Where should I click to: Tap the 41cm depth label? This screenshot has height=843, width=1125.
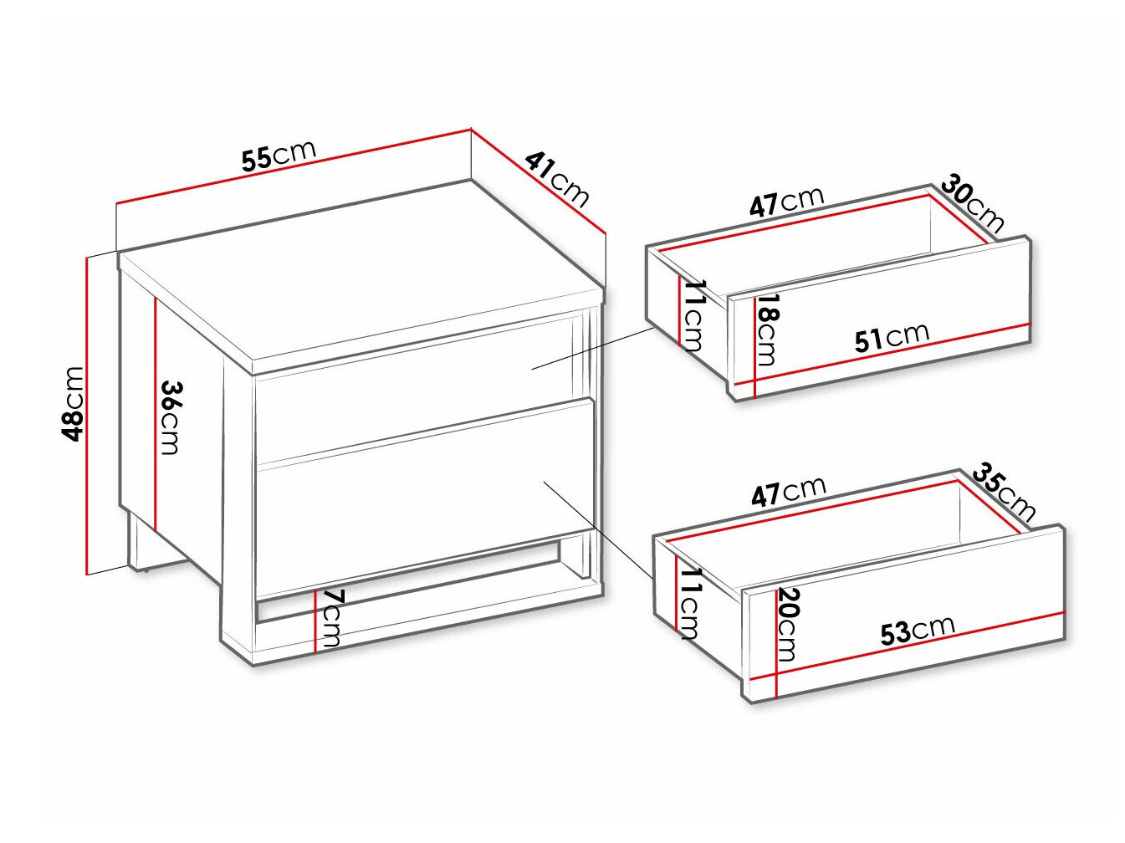coord(557,179)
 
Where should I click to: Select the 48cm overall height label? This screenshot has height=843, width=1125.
coord(72,404)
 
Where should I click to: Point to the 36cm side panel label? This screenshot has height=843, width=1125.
coord(170,417)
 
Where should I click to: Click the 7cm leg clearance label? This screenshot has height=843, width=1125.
coord(332,618)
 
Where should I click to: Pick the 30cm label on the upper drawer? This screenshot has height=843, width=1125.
coord(973,204)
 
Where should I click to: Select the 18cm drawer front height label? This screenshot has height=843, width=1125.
coord(766,330)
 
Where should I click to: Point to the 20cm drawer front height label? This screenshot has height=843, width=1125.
coord(787,625)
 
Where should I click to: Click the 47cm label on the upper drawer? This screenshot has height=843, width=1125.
coord(786,202)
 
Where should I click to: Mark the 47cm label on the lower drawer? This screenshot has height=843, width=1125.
coord(789,491)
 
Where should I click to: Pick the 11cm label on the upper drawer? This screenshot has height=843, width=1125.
coord(693,315)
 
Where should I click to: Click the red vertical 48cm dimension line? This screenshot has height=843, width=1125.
coord(88,416)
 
